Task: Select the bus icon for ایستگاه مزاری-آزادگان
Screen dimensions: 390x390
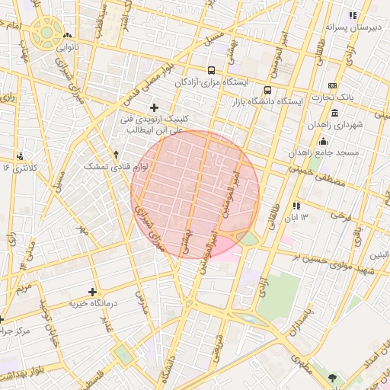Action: [211, 71]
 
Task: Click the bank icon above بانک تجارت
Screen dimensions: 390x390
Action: [331, 86]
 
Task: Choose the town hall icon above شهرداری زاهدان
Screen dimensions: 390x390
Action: [334, 113]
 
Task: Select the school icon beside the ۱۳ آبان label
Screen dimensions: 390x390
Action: [296, 206]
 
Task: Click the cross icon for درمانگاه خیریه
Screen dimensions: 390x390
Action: [92, 292]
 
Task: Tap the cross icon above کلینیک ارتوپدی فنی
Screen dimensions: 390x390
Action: [155, 107]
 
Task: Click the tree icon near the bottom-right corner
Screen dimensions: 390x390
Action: [331, 377]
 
